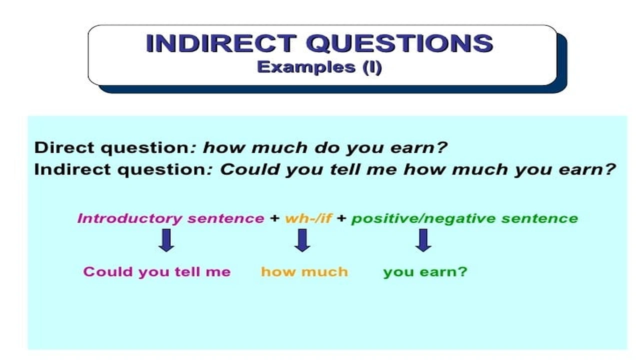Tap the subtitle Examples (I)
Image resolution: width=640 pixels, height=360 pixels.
319,67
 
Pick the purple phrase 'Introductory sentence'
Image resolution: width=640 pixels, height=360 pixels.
170,218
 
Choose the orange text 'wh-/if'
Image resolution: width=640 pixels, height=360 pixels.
308,218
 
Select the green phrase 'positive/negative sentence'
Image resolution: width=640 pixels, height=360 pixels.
464,218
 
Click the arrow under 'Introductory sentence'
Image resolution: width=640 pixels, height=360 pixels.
166,240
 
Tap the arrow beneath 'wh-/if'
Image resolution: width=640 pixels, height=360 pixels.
302,240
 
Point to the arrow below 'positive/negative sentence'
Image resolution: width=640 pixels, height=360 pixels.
423,240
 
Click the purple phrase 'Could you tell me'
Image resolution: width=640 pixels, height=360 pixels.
157,272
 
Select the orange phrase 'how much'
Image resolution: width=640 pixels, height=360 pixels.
304,272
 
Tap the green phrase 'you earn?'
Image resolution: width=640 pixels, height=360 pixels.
425,272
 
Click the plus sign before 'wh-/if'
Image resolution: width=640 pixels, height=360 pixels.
274,218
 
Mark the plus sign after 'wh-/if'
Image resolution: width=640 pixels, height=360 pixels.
341,218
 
